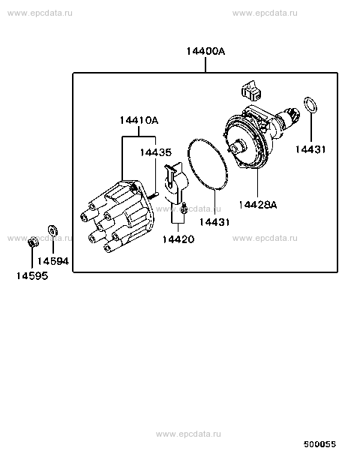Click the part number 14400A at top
[x=205, y=51]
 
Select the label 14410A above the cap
[x=139, y=120]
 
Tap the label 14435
[x=156, y=152]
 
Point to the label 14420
[x=178, y=239]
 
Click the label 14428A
[x=258, y=205]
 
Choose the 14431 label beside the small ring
[x=310, y=149]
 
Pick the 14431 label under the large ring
[x=214, y=222]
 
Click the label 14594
[x=53, y=261]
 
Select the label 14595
[x=32, y=276]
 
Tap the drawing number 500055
[x=319, y=443]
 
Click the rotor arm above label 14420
[x=176, y=181]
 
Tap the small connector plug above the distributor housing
[x=251, y=91]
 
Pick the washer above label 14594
[x=52, y=230]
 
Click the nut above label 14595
[x=33, y=242]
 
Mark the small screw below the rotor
[x=184, y=208]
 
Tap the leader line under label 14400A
[x=205, y=65]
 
